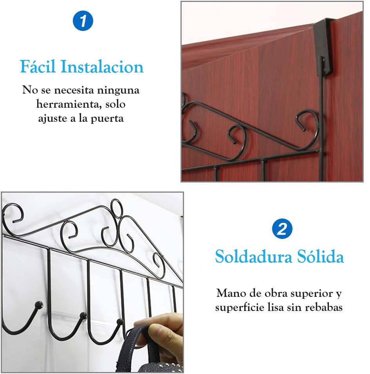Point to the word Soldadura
[251, 257]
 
